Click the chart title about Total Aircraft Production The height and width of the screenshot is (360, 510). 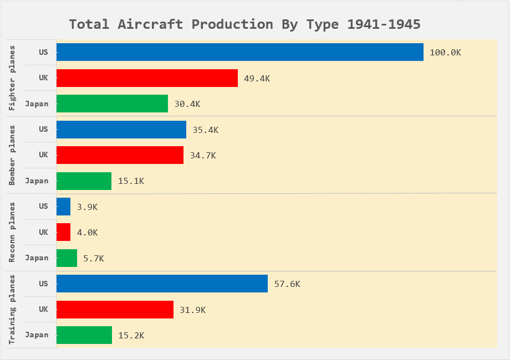coord(244,24)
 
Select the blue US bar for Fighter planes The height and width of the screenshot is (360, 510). coord(239,52)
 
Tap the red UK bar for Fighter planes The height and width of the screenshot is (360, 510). coord(147,78)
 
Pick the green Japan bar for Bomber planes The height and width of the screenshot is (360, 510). coord(84,181)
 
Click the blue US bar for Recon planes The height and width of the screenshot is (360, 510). coord(63,207)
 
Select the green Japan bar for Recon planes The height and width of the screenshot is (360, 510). coord(67,258)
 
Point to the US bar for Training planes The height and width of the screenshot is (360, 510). coord(162,284)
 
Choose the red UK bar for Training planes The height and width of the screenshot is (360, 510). coord(115,310)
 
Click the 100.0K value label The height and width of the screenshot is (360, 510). coord(445,53)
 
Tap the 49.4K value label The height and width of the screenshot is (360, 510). coord(257,79)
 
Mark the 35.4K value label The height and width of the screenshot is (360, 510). coord(205,130)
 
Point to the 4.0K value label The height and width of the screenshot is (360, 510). coord(87,233)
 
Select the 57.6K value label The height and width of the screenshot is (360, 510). coord(287,284)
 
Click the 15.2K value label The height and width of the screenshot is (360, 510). coord(131,336)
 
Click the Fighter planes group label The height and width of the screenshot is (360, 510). coord(13,78)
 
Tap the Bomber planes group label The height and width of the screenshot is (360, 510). coord(13,155)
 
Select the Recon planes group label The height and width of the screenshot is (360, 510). coord(13,232)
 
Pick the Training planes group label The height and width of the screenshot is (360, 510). coord(13,310)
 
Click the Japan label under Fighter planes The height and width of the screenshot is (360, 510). coord(37,104)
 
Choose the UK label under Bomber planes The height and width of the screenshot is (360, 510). coord(43,155)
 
